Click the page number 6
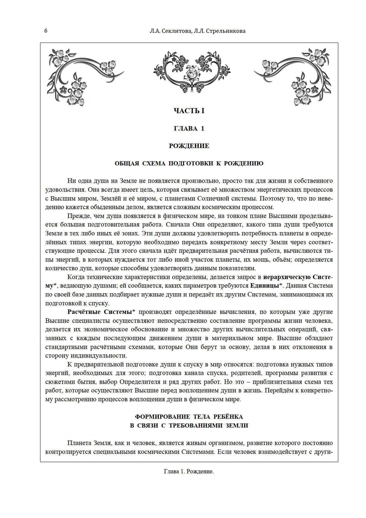(46, 31)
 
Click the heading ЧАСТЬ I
(189, 111)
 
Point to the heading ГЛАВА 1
(189, 128)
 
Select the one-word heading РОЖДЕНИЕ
(189, 146)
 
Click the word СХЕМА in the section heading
(154, 163)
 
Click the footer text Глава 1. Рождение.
(189, 472)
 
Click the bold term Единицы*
(266, 286)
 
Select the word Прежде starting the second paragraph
(78, 216)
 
